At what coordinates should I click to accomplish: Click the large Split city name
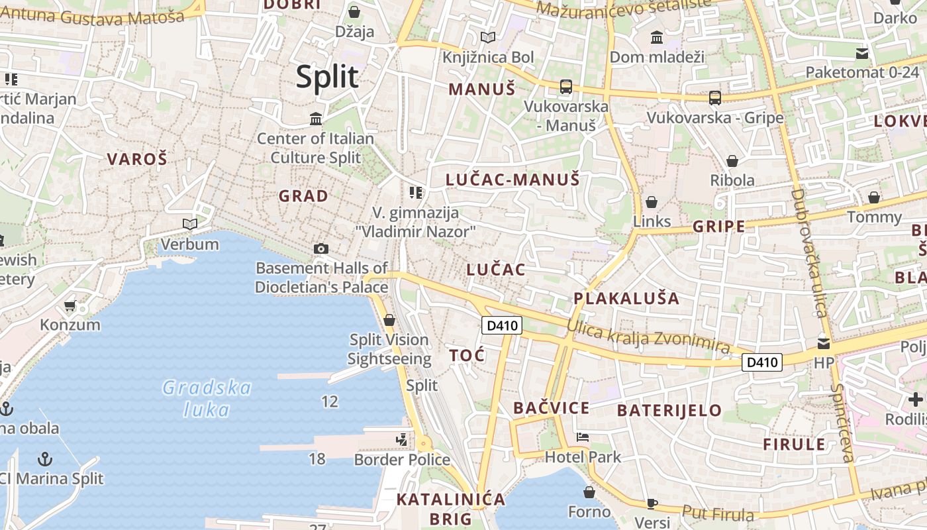point(327,77)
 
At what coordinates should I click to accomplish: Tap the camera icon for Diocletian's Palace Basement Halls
point(321,248)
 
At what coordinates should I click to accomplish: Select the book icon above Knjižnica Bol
point(488,38)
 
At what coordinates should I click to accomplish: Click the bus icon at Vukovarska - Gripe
point(715,98)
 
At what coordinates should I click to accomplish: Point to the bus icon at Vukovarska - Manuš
point(566,86)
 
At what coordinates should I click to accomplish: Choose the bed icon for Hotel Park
point(583,437)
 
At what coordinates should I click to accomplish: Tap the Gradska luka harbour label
point(207,398)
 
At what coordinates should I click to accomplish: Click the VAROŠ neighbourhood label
point(137,159)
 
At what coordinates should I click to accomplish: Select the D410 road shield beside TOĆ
point(501,325)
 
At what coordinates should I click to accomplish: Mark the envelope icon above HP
point(824,343)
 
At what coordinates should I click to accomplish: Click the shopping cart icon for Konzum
point(70,306)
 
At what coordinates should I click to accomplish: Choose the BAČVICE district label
point(551,408)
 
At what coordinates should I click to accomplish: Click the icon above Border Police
point(401,439)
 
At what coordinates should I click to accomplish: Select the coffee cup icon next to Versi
point(652,503)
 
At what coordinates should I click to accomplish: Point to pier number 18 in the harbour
point(317,458)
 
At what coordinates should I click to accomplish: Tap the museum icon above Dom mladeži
point(657,38)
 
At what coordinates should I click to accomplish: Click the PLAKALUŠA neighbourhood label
point(626,298)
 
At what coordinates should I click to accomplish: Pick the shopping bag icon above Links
point(652,202)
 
